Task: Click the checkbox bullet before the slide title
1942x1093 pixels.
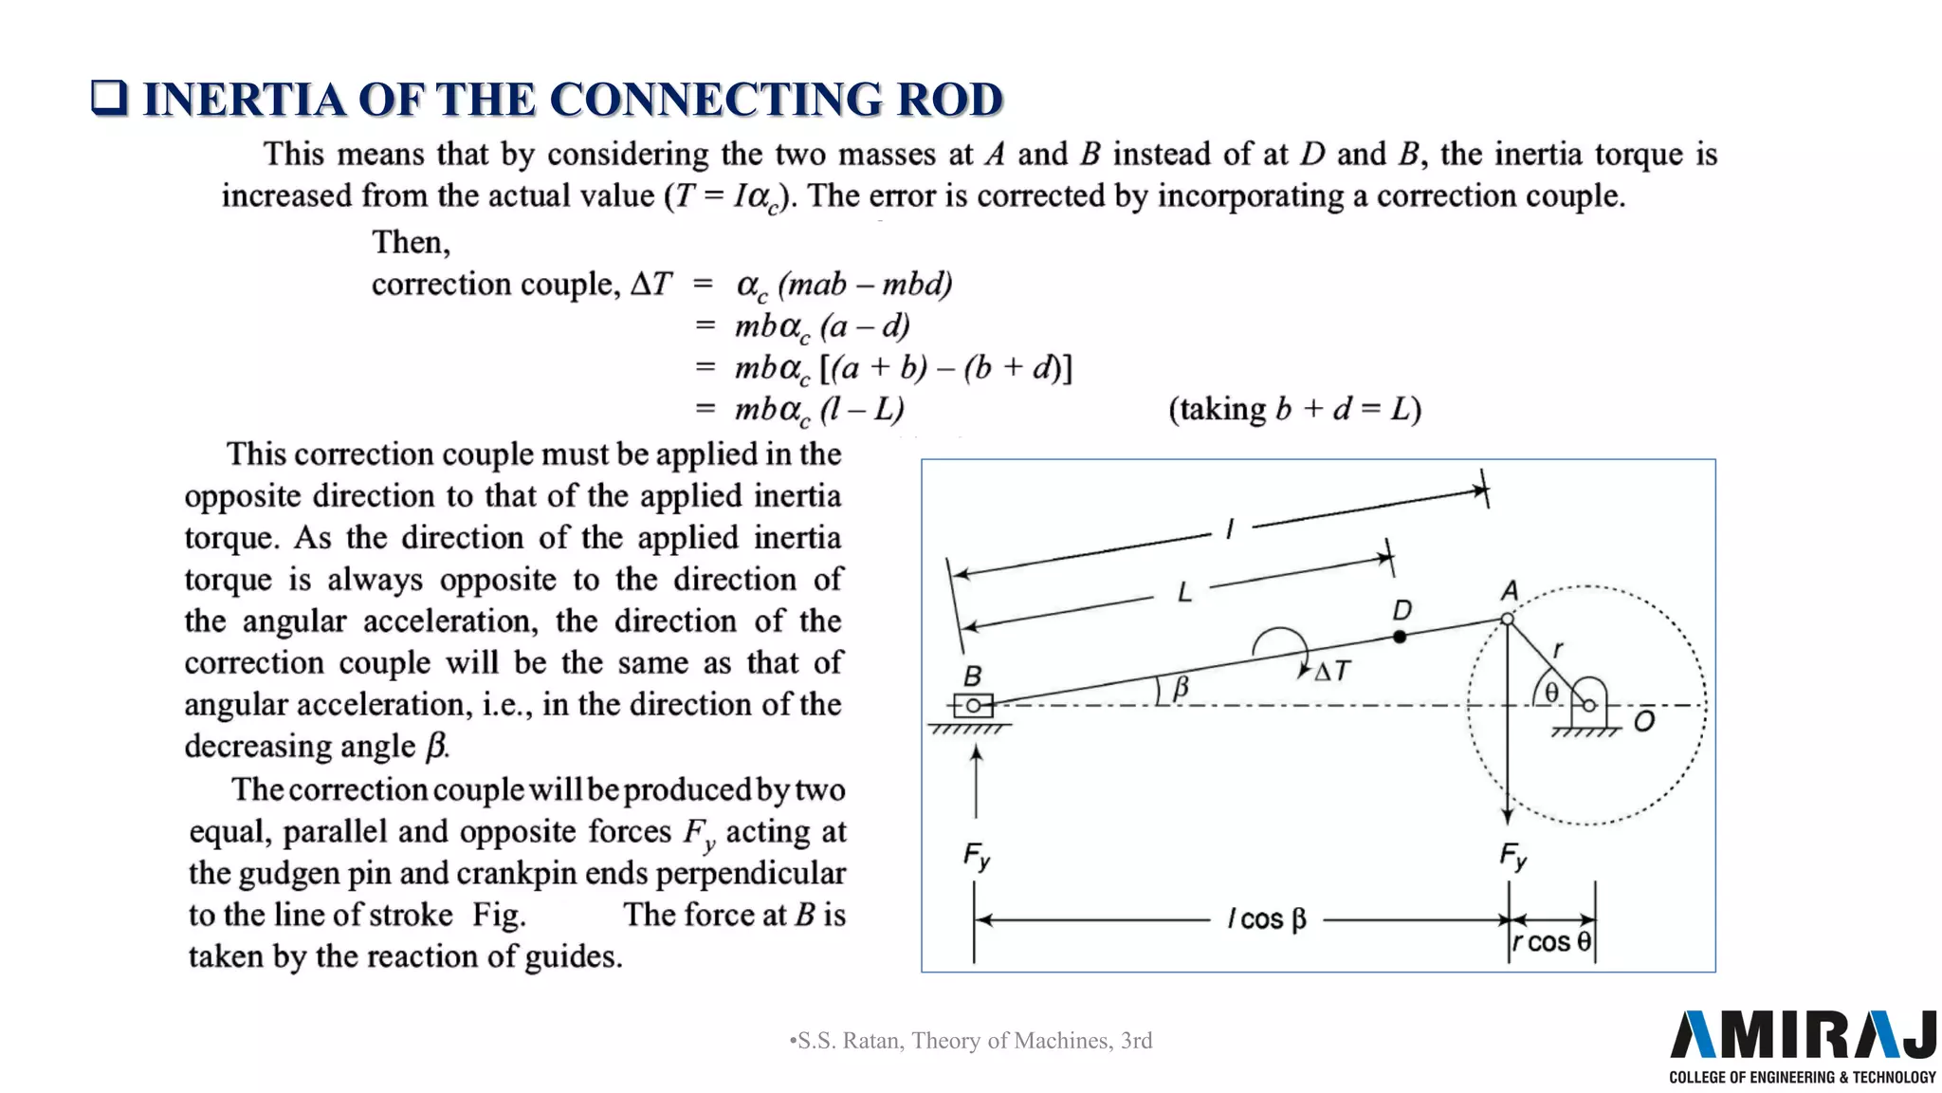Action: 109,98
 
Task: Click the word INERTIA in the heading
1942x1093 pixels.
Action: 244,100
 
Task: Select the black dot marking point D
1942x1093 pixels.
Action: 1400,637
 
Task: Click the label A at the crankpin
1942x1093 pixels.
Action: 1510,591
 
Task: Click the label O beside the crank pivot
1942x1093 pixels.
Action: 1644,722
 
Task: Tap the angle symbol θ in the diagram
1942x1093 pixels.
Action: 1551,693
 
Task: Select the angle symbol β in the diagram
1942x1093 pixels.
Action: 1181,687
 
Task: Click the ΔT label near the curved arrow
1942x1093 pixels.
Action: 1331,672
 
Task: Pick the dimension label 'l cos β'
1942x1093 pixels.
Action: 1267,919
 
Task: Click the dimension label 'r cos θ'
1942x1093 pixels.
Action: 1551,942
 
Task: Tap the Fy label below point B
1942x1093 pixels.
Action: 977,857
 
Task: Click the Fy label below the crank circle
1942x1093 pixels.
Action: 1513,857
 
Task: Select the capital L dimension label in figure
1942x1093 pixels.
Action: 1184,593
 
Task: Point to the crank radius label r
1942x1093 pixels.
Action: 1557,649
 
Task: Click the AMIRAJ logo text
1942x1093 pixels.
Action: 1802,1035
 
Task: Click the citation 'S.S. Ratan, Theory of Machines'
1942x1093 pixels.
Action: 971,1041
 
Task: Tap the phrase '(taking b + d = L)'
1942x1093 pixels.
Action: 1294,409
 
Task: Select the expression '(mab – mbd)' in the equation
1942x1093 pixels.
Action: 865,284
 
